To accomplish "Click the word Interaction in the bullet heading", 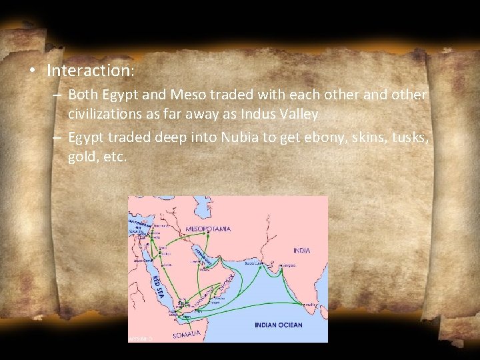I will [x=89, y=70].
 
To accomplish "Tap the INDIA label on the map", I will [x=301, y=251].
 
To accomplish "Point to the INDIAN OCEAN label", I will [x=279, y=325].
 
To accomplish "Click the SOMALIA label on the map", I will [x=187, y=334].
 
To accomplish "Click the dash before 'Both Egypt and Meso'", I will [x=58, y=95].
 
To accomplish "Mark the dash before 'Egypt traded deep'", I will [x=58, y=138].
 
